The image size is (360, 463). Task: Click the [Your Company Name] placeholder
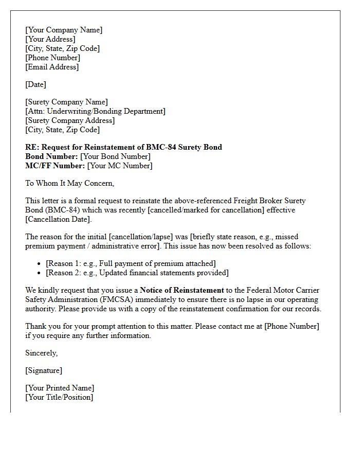coord(64,30)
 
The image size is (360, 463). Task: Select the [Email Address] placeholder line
coord(52,67)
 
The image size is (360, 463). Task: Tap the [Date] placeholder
coord(35,84)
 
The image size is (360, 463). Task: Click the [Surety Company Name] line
coord(66,102)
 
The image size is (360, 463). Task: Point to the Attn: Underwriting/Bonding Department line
coord(95,111)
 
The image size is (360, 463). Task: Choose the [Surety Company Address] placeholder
coord(70,120)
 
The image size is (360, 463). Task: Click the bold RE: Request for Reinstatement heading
coord(123,147)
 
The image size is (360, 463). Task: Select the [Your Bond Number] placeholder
coord(115,156)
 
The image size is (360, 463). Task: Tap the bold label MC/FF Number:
coord(55,166)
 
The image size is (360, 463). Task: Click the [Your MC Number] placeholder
coord(120,166)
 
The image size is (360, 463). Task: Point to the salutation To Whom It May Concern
coord(69,183)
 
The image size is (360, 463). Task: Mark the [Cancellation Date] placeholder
coord(58,219)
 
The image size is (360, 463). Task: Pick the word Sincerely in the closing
coord(41,353)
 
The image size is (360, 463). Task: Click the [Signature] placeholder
coord(44,370)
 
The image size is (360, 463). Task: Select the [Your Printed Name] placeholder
coord(60,388)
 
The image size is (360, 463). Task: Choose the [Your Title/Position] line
coord(59,397)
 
